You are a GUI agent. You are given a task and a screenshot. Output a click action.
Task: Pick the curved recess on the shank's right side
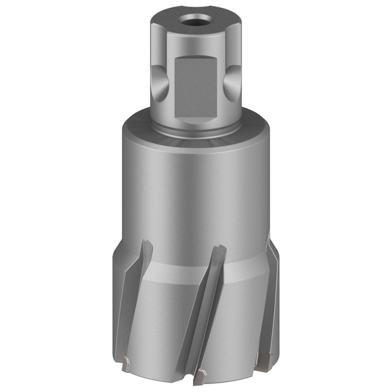[x=229, y=82]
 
